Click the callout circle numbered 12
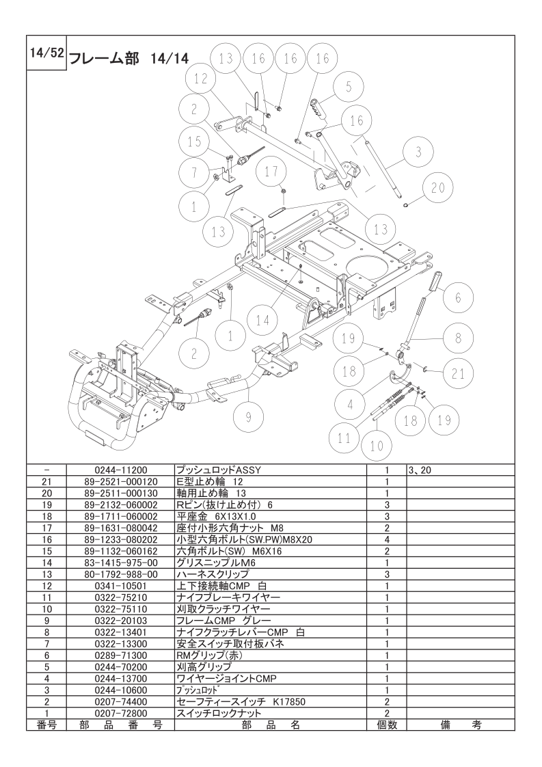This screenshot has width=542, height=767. pos(200,79)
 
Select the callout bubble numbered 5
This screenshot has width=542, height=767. pos(348,87)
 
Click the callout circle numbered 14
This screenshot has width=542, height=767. pos(262,319)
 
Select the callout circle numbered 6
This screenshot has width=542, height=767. pos(457,297)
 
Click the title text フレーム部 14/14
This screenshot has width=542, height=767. pos(128,57)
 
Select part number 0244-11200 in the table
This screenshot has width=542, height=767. pos(120,470)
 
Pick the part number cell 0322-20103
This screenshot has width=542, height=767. pos(120,621)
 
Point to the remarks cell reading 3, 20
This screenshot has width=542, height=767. pos(419,470)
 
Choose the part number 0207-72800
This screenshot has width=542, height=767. pos(120,713)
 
